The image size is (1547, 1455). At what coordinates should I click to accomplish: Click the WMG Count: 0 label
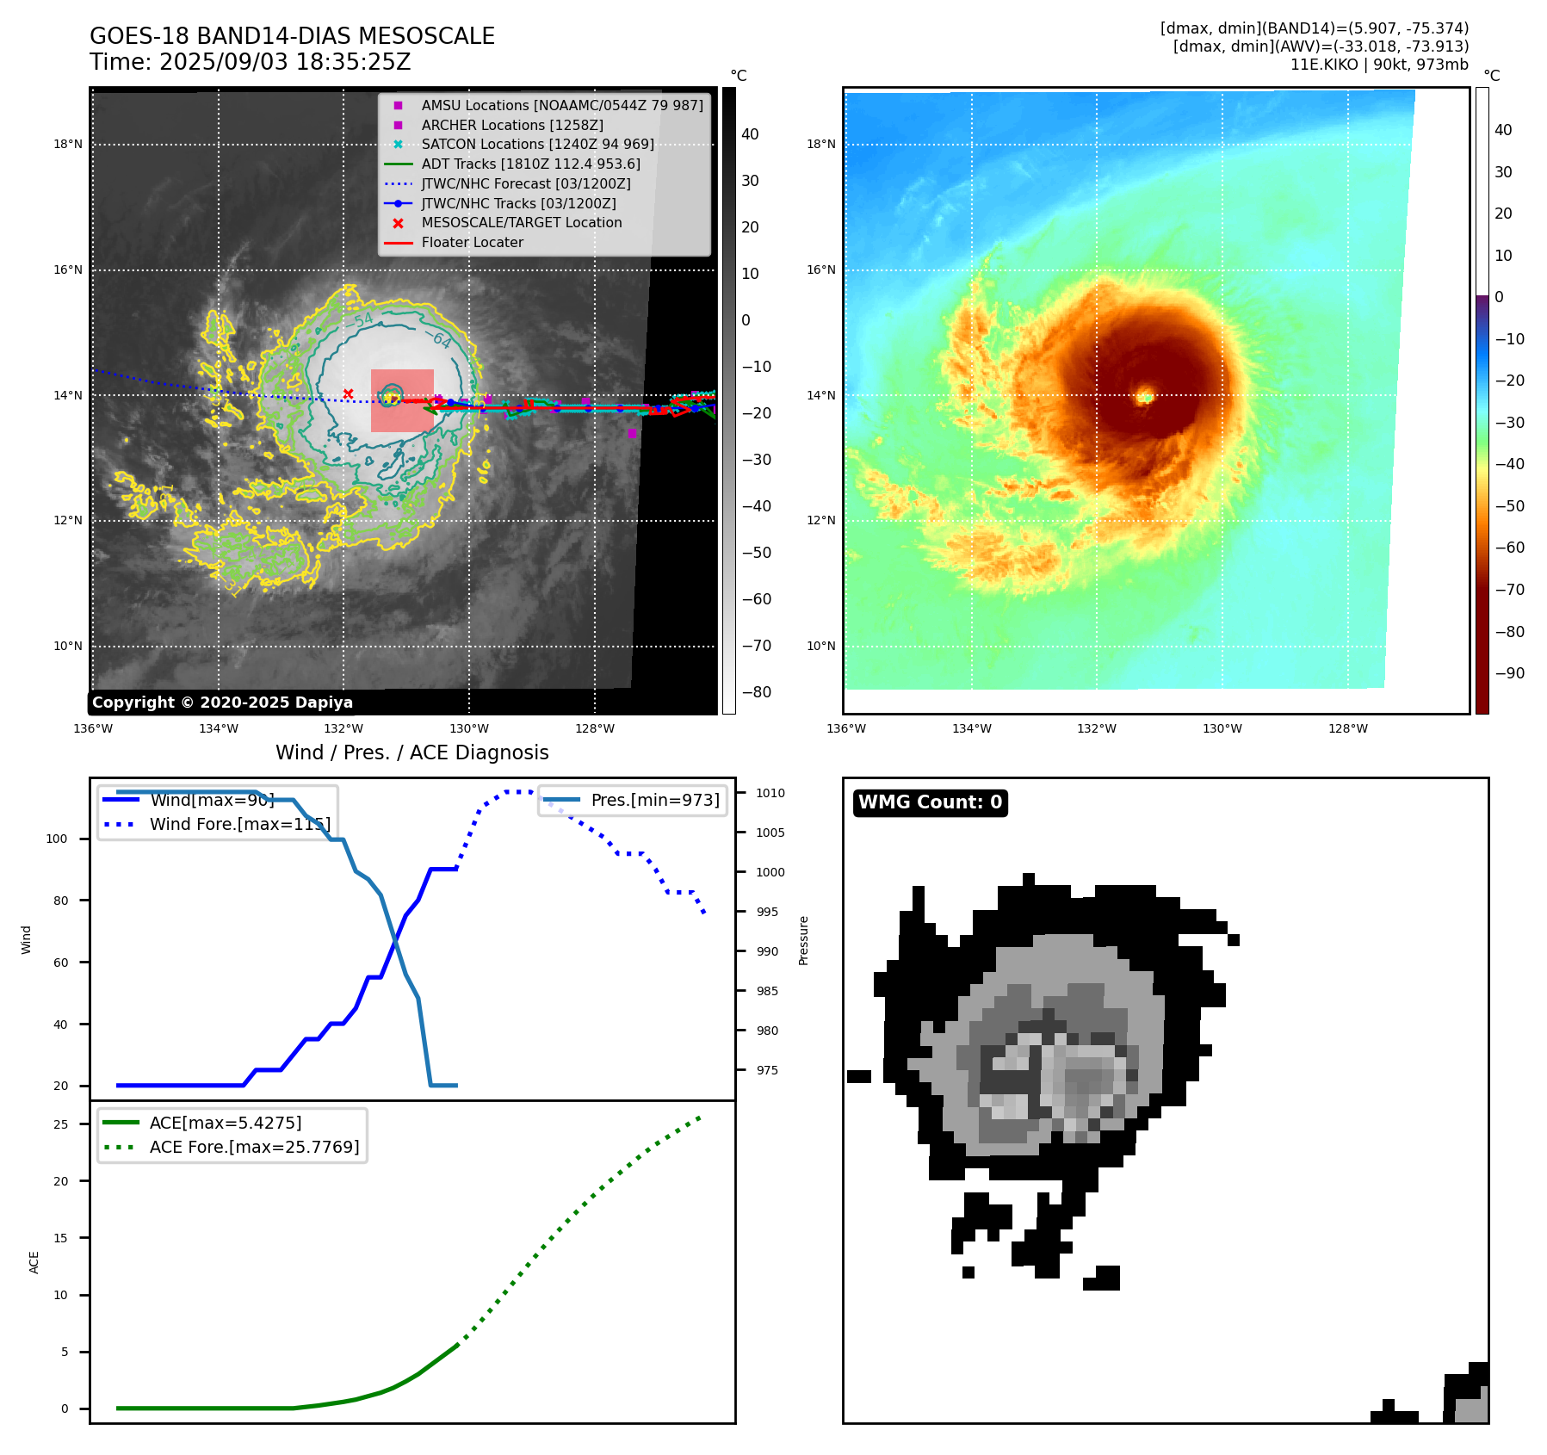pyautogui.click(x=930, y=802)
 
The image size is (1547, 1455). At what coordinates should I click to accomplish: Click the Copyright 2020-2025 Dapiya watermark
pyautogui.click(x=222, y=703)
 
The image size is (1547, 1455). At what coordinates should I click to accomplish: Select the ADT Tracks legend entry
pyautogui.click(x=530, y=164)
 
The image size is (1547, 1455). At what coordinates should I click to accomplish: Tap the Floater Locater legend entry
pyautogui.click(x=472, y=242)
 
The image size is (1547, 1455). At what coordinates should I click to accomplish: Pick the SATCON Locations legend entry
pyautogui.click(x=537, y=144)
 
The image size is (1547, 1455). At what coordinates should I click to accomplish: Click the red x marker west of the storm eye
pyautogui.click(x=348, y=393)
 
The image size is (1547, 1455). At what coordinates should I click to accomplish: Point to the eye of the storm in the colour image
pyautogui.click(x=1144, y=397)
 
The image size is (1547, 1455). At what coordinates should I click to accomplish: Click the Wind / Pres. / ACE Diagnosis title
pyautogui.click(x=412, y=752)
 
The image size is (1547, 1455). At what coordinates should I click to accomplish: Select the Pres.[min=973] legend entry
pyautogui.click(x=654, y=800)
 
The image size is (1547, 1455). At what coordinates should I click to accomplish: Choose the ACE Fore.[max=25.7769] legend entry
pyautogui.click(x=254, y=1147)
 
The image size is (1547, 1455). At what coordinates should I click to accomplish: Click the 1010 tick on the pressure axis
pyautogui.click(x=770, y=793)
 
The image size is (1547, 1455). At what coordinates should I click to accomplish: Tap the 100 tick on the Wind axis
pyautogui.click(x=57, y=839)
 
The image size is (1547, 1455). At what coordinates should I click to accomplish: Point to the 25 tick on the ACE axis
pyautogui.click(x=60, y=1124)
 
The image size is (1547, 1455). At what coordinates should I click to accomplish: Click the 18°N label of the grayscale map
pyautogui.click(x=68, y=144)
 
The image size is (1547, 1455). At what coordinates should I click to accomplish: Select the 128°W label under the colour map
pyautogui.click(x=1347, y=728)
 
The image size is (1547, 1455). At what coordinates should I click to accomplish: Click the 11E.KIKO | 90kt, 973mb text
pyautogui.click(x=1379, y=65)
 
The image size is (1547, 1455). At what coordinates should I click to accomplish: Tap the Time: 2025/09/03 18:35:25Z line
pyautogui.click(x=250, y=62)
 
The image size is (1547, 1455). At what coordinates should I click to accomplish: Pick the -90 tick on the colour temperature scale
pyautogui.click(x=1509, y=673)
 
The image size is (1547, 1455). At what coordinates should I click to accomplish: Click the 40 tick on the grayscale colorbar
pyautogui.click(x=750, y=134)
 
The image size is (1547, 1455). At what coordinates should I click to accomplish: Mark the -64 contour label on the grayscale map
pyautogui.click(x=441, y=339)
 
